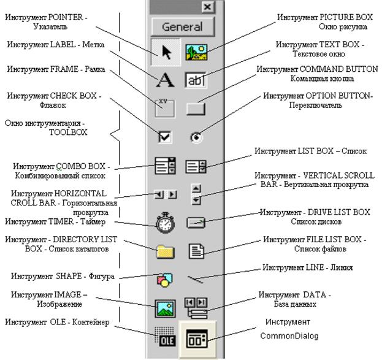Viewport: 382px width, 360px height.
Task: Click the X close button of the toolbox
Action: [x=208, y=7]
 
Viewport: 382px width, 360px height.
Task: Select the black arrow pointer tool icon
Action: [x=167, y=52]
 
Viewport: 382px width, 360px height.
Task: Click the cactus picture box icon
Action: [x=196, y=52]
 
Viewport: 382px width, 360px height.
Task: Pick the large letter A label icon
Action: [x=165, y=80]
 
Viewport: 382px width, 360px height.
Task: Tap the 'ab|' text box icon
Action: [x=195, y=80]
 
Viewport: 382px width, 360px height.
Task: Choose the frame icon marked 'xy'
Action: [x=165, y=108]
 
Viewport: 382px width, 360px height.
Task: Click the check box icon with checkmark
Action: [x=165, y=137]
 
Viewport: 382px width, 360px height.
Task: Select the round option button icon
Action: [x=196, y=137]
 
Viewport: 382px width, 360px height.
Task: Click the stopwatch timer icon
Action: [x=165, y=223]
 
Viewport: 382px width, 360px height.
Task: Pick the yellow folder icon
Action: [x=165, y=251]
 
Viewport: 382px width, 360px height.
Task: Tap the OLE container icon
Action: [x=165, y=337]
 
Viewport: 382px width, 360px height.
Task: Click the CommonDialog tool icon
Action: [x=197, y=338]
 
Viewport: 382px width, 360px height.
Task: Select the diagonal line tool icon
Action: [x=195, y=279]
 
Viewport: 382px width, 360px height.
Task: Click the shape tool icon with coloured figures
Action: [x=165, y=280]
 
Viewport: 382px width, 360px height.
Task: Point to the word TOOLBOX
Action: [x=68, y=132]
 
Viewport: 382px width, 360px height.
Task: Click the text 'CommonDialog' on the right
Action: [x=289, y=336]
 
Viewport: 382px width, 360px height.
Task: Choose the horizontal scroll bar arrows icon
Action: [x=166, y=194]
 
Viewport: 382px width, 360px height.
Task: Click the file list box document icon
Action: [x=196, y=251]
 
